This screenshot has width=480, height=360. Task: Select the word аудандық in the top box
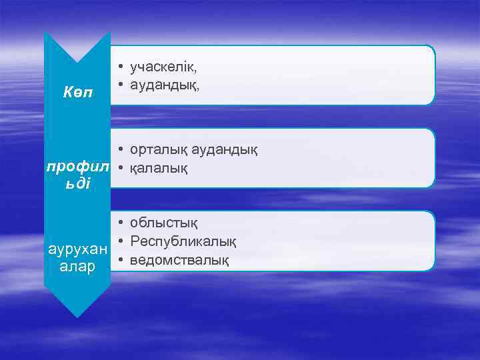[x=164, y=85]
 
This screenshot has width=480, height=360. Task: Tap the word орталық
[x=159, y=151]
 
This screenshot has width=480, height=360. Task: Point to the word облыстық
[x=163, y=222]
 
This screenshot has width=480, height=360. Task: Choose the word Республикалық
[x=183, y=240]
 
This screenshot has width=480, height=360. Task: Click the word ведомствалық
[x=180, y=258]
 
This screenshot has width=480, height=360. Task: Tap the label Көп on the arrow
[x=77, y=91]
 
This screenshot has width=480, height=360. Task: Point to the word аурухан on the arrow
[x=77, y=251]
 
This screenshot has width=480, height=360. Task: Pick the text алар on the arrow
[x=77, y=267]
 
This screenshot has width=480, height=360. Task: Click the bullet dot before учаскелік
[x=117, y=67]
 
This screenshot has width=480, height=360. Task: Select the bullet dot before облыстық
[x=117, y=222]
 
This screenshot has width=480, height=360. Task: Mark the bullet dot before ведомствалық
[x=117, y=258]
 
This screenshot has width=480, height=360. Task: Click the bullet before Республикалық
[x=117, y=240]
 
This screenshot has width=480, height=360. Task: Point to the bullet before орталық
[x=117, y=151]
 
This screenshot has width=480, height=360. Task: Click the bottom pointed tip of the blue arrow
[x=77, y=316]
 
